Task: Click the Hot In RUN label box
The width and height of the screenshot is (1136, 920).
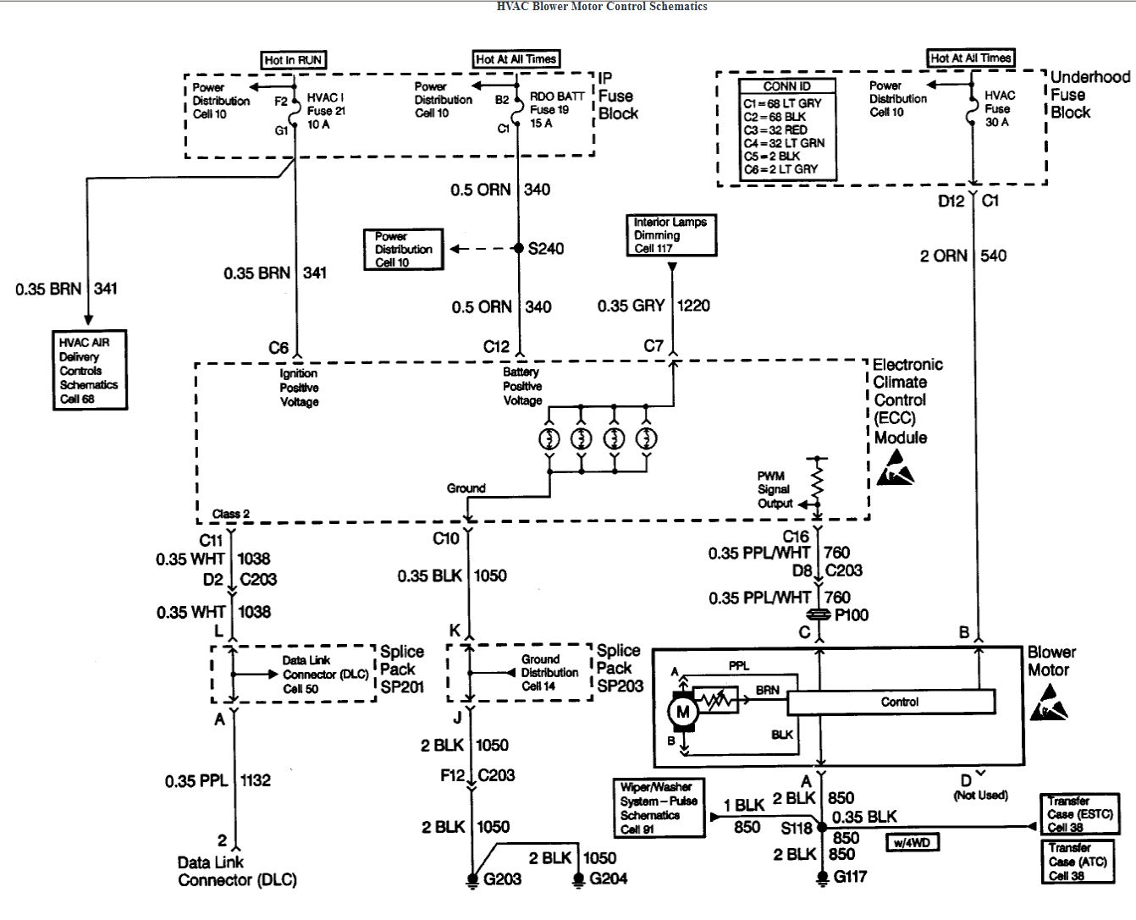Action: [x=293, y=60]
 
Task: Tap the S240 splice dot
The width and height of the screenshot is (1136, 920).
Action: [x=519, y=248]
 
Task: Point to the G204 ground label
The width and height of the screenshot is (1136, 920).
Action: [x=608, y=879]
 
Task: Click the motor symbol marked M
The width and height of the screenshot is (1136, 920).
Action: [x=682, y=712]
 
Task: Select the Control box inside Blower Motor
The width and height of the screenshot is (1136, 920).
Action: [x=891, y=702]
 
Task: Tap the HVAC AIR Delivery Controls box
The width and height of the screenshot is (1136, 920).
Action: [x=88, y=370]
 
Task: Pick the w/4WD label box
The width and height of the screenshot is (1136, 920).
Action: [x=913, y=842]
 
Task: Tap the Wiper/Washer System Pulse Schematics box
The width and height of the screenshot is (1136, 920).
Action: [x=659, y=808]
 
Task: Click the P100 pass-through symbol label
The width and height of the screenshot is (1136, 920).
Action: [x=851, y=615]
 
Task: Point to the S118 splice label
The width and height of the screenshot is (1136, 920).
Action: [x=797, y=829]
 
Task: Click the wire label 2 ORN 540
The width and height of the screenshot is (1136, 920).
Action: [x=963, y=256]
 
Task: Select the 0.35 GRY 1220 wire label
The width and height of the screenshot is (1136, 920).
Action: [x=653, y=306]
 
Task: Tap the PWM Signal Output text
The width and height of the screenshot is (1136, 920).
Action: [x=775, y=490]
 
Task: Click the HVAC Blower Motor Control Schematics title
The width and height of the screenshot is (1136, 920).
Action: [x=601, y=6]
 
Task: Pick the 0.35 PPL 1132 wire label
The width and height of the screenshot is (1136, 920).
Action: [x=218, y=780]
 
